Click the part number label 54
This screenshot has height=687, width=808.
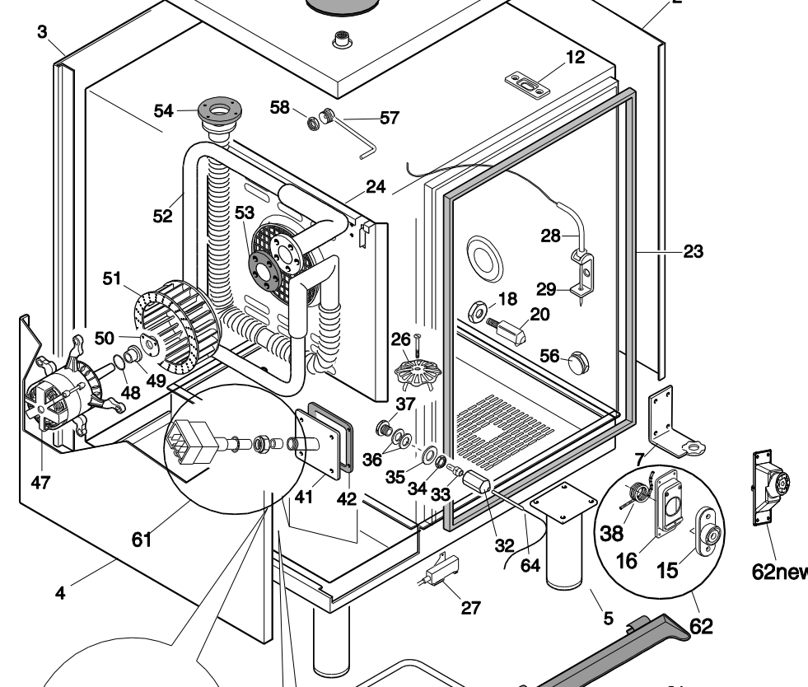click(165, 110)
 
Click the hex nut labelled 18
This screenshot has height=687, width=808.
click(477, 312)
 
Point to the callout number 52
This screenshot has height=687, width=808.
click(163, 216)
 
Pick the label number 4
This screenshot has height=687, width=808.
click(61, 591)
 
